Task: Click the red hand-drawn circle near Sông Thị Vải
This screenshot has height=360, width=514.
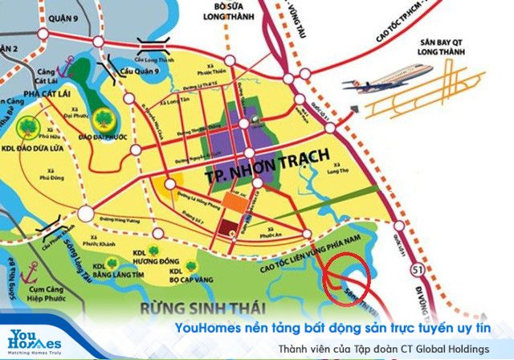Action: coord(346,276)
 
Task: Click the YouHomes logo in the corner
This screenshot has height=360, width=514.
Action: coord(31,341)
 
